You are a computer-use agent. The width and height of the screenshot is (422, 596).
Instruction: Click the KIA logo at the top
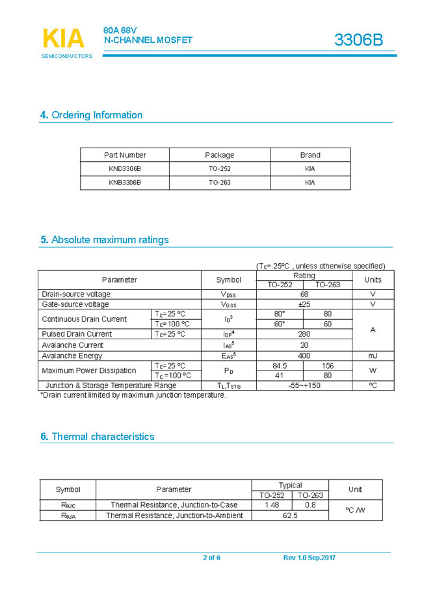(x=64, y=39)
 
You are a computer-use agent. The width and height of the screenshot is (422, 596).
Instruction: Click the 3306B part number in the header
(x=358, y=40)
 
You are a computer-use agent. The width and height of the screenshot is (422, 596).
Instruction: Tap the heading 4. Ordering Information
(x=91, y=115)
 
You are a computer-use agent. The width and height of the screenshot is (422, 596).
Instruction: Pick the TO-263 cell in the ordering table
(x=219, y=183)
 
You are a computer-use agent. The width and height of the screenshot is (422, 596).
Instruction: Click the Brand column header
(x=310, y=155)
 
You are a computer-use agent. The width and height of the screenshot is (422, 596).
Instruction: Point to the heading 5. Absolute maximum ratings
(x=104, y=240)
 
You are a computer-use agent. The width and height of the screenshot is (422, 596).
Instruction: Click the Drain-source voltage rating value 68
(x=304, y=294)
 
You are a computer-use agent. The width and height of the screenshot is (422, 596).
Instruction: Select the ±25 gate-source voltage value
(x=304, y=304)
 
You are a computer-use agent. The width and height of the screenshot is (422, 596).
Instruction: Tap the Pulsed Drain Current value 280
(x=304, y=334)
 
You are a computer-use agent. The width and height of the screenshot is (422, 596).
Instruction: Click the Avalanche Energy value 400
(x=304, y=356)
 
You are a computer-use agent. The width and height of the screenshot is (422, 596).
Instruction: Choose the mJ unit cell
(x=373, y=356)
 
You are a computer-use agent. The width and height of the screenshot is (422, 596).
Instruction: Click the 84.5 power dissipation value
(x=280, y=366)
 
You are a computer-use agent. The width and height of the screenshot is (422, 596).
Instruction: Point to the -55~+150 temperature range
(x=304, y=385)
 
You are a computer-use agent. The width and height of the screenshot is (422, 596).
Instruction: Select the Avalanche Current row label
(x=73, y=345)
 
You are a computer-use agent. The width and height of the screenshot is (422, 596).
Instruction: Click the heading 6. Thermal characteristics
(x=97, y=437)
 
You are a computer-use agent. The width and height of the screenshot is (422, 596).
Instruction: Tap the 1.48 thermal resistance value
(x=272, y=504)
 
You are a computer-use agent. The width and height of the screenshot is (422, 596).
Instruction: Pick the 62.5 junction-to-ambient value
(x=290, y=515)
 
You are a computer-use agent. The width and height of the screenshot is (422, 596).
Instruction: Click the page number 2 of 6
(x=211, y=558)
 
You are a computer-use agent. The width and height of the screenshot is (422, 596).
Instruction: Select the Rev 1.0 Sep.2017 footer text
(x=310, y=558)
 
